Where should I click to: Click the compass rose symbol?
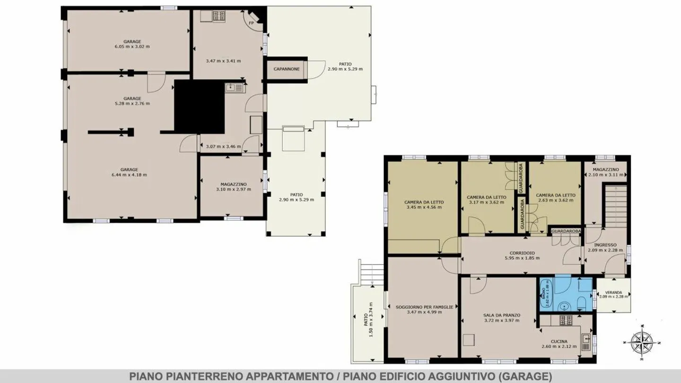click(642, 341)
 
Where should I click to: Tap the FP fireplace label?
click(251, 23)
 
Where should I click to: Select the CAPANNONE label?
click(287, 69)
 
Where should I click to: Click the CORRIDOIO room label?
click(522, 253)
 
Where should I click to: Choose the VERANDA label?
click(613, 292)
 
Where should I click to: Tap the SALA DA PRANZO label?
click(502, 315)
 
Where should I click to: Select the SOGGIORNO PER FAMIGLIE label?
click(424, 307)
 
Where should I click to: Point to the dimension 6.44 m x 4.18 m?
click(129, 175)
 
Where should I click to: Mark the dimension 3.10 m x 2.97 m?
click(233, 189)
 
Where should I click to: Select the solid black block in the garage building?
click(199, 106)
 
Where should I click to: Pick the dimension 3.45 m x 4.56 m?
click(423, 207)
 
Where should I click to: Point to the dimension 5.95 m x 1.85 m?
click(522, 258)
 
